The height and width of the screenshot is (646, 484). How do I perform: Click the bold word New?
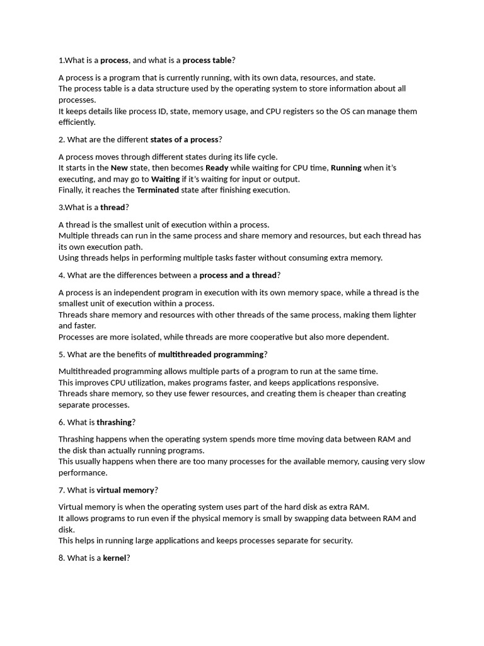[119, 168]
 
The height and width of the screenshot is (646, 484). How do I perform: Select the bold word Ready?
[217, 168]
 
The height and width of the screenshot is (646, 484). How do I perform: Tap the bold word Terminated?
[158, 190]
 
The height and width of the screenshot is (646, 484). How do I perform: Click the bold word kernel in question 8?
[115, 558]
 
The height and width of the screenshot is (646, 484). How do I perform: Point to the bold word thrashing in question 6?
[114, 422]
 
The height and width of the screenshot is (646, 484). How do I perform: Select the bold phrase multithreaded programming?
[210, 354]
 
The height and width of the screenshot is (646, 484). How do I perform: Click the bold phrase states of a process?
[184, 139]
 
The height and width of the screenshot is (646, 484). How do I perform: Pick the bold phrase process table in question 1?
[207, 60]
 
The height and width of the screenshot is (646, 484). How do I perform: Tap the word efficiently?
[76, 122]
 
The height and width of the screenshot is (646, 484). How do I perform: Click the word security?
[334, 541]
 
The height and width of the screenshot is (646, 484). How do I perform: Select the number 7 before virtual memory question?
[61, 490]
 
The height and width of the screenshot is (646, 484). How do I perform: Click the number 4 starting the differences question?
[61, 275]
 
